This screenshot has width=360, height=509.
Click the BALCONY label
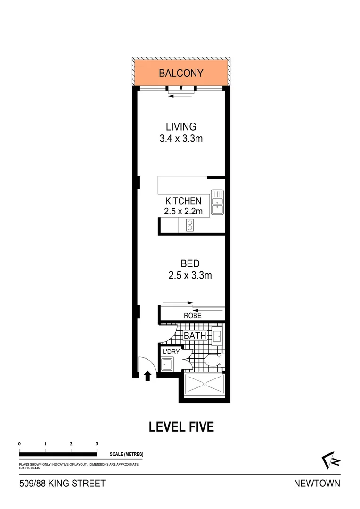(181, 74)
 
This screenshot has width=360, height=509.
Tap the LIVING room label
(181, 127)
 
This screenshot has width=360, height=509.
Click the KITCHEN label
(183, 201)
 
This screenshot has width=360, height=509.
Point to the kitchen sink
(217, 203)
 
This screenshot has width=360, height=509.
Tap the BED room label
(190, 263)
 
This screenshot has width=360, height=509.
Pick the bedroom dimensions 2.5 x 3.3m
(190, 276)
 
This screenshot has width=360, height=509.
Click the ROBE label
(193, 316)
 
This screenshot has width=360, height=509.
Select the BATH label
(195, 336)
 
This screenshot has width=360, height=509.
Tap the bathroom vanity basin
(217, 336)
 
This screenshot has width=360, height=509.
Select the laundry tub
(167, 365)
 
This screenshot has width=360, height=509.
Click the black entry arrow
(147, 376)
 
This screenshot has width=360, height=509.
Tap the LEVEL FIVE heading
(181, 427)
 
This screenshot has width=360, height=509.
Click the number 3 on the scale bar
(97, 444)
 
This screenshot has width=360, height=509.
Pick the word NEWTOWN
(317, 483)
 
